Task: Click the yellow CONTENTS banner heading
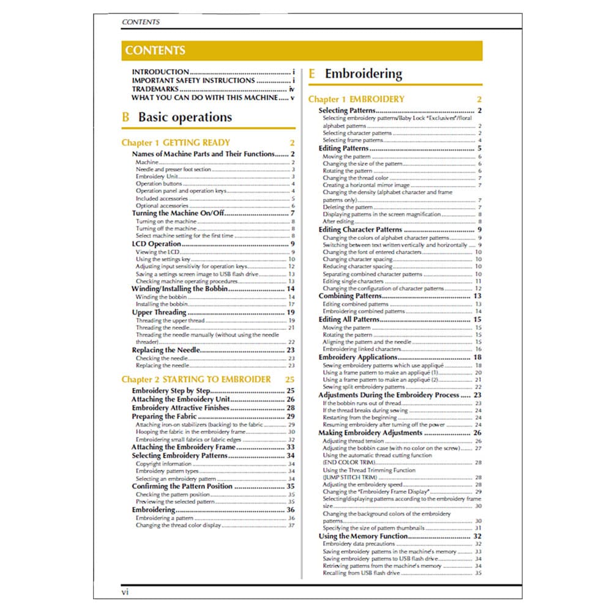pyautogui.click(x=155, y=51)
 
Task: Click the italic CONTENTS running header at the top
pyautogui.click(x=141, y=22)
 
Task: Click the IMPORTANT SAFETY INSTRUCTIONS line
pyautogui.click(x=193, y=80)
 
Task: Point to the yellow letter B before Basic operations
pyautogui.click(x=126, y=117)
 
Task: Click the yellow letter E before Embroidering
pyautogui.click(x=312, y=74)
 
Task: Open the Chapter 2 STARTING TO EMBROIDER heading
pyautogui.click(x=196, y=379)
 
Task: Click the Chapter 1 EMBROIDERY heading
pyautogui.click(x=356, y=99)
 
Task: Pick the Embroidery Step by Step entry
pyautogui.click(x=171, y=390)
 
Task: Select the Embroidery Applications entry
pyautogui.click(x=358, y=357)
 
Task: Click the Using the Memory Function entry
pyautogui.click(x=363, y=536)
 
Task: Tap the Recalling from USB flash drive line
pyautogui.click(x=361, y=573)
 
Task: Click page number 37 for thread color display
pyautogui.click(x=291, y=525)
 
